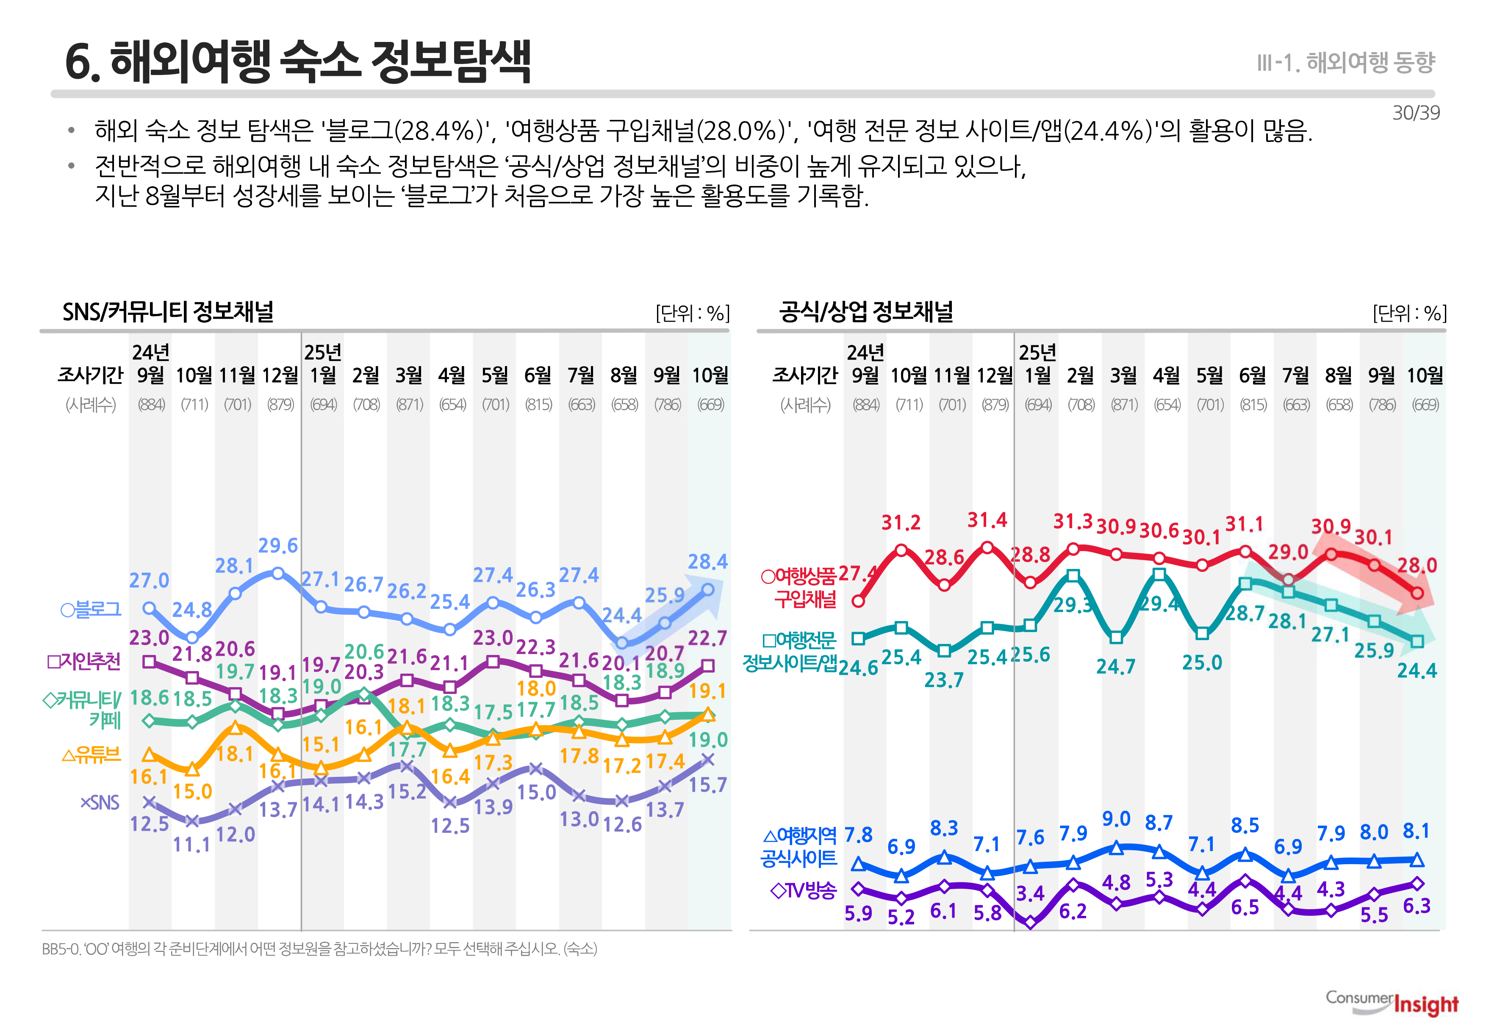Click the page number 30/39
pyautogui.click(x=1415, y=113)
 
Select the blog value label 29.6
pyautogui.click(x=278, y=546)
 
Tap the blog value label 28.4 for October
pyautogui.click(x=707, y=562)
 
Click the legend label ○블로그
pyautogui.click(x=90, y=609)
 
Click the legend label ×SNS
pyautogui.click(x=100, y=803)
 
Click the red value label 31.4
pyautogui.click(x=987, y=520)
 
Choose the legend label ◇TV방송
pyautogui.click(x=803, y=891)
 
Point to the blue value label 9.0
pyautogui.click(x=1116, y=819)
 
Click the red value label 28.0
pyautogui.click(x=1417, y=566)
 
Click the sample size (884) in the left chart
pyautogui.click(x=151, y=405)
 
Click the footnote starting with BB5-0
pyautogui.click(x=319, y=949)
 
